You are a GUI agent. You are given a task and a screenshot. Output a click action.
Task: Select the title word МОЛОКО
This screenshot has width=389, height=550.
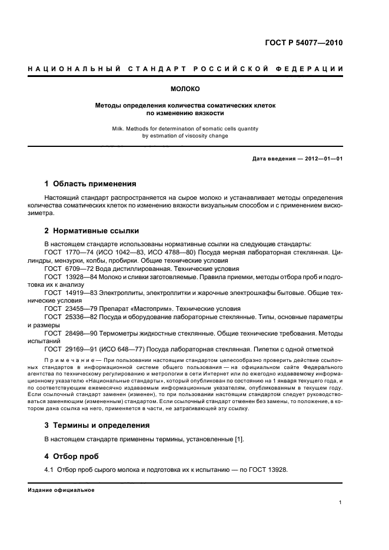185,89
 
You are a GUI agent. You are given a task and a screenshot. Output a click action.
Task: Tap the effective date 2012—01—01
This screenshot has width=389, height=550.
323,159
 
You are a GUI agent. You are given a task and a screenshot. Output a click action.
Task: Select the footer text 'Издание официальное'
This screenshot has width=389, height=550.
61,490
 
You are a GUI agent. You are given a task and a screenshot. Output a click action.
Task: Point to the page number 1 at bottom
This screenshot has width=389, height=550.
341,503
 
